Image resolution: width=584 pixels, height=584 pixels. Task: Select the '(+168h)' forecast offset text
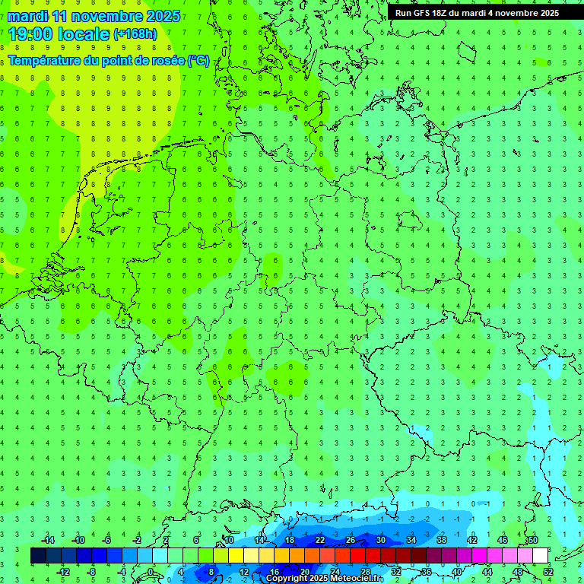(x=135, y=33)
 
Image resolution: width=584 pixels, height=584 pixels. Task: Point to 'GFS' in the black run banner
(x=423, y=13)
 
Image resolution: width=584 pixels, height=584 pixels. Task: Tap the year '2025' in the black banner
(x=544, y=13)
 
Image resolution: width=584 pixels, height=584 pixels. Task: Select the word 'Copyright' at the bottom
(x=289, y=579)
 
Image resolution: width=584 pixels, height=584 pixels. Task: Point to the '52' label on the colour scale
(x=547, y=571)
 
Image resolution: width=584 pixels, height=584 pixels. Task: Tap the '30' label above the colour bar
(x=381, y=540)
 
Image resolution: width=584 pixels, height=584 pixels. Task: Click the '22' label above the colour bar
(x=320, y=540)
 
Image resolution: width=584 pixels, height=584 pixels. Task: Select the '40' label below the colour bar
(x=456, y=571)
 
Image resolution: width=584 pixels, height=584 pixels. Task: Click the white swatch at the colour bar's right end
(x=540, y=556)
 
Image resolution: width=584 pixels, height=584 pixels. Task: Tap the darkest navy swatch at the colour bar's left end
(x=38, y=556)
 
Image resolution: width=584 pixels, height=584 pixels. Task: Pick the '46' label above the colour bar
(x=503, y=540)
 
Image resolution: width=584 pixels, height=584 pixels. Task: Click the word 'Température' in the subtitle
(x=45, y=61)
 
